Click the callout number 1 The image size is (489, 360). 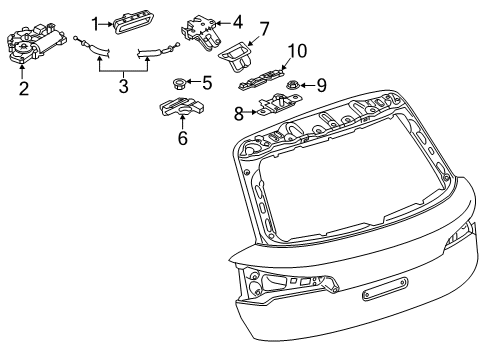click(96, 24)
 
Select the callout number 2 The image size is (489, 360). click(24, 88)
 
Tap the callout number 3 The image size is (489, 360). click(124, 86)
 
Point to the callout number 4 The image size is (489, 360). click(237, 22)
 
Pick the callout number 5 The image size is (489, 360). click(207, 82)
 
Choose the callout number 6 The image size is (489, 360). click(183, 138)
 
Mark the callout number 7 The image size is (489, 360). click(264, 29)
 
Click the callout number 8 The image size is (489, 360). click(239, 114)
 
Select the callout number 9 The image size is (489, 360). click(321, 85)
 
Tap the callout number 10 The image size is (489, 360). click(297, 51)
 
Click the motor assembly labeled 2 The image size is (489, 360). click(36, 42)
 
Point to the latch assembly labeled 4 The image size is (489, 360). click(201, 32)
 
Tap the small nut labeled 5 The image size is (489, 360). click(180, 83)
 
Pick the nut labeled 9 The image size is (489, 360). click(293, 85)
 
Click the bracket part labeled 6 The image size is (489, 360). click(182, 106)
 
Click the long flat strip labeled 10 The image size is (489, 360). click(262, 79)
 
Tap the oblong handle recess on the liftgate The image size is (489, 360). click(385, 290)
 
